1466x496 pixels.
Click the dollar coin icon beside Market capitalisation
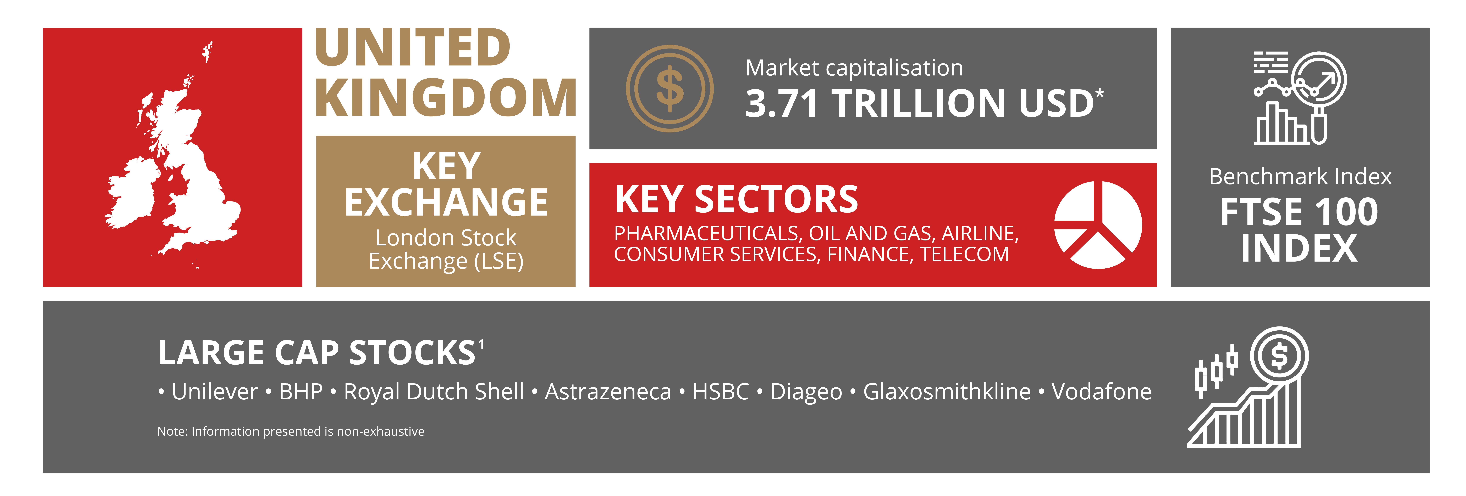click(x=670, y=89)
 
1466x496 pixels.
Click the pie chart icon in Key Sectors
click(x=1098, y=225)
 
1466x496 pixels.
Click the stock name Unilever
click(x=215, y=391)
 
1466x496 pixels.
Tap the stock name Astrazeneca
click(x=608, y=391)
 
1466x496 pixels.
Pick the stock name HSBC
click(x=721, y=391)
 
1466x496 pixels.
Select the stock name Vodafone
click(x=1101, y=391)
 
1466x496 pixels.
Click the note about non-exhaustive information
click(x=291, y=431)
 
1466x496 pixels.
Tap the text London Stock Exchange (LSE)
click(x=446, y=249)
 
